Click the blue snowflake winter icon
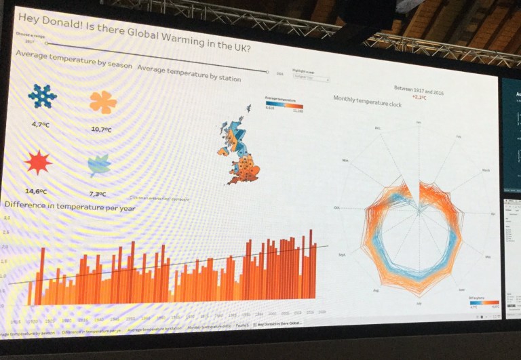[x=42, y=96]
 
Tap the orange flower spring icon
[x=103, y=102]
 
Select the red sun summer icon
[x=39, y=163]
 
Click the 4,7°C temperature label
[x=42, y=124]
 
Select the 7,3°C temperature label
[x=98, y=194]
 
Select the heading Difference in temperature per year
[x=70, y=206]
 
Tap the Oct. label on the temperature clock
[x=336, y=207]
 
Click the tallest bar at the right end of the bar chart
[x=311, y=264]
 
